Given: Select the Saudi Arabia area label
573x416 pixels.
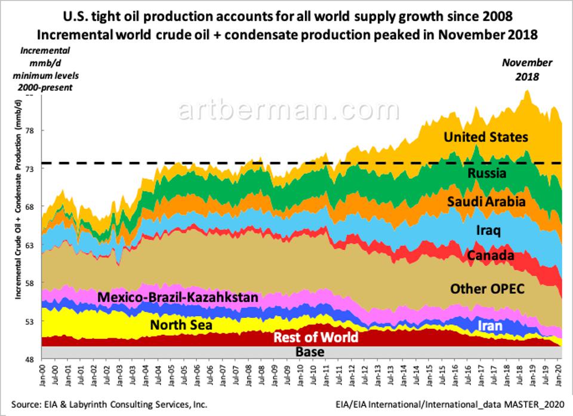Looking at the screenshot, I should pos(486,202).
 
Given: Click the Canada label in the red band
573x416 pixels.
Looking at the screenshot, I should pos(490,256).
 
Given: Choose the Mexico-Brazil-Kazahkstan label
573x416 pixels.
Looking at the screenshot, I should pos(177,297).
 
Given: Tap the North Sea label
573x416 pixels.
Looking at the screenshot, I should pos(181,326).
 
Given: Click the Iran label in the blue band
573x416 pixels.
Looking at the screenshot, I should pos(491,326).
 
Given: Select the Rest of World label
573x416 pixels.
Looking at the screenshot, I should pos(316,338).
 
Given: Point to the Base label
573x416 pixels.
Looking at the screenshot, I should pos(310,351).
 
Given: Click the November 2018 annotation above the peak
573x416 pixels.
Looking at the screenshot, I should pos(526,69).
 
